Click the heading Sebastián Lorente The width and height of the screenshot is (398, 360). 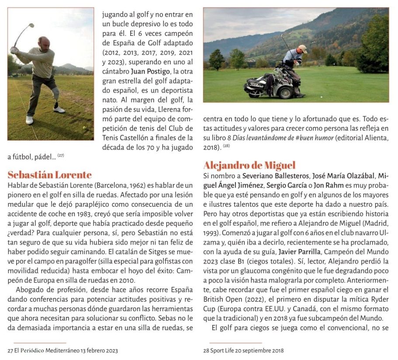tap(50, 175)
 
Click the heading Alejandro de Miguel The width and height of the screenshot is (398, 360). tap(249, 165)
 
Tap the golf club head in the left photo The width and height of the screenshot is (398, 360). tap(30, 26)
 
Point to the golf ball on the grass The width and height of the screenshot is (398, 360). tap(84, 128)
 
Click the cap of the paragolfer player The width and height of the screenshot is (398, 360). tap(302, 47)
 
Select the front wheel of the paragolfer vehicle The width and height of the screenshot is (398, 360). tap(287, 92)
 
